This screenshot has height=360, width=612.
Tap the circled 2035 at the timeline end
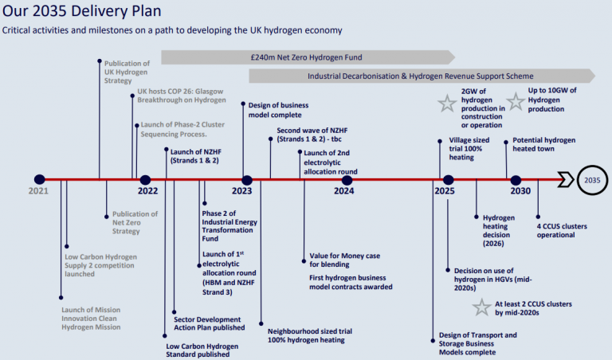[592, 180]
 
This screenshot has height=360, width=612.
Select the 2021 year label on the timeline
[39, 192]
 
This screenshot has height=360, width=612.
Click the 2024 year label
[343, 191]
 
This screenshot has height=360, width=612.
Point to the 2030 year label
[520, 191]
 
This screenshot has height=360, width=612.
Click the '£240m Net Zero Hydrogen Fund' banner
[308, 57]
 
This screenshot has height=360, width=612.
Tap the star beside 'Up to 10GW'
[516, 101]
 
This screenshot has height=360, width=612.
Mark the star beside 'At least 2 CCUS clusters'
[481, 308]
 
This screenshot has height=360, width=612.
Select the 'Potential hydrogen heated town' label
[543, 144]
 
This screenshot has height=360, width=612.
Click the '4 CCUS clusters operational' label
[567, 229]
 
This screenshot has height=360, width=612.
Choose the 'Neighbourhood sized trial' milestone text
[310, 335]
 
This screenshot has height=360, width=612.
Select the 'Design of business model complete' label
[279, 110]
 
